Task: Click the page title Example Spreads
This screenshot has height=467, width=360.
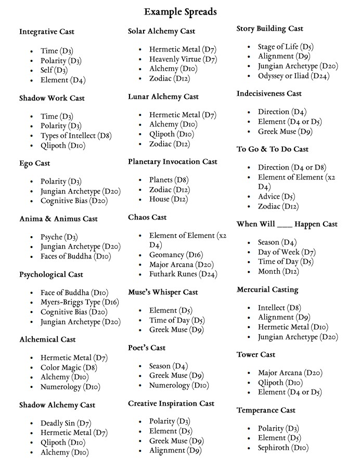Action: point(180,11)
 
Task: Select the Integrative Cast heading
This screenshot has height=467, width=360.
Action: point(47,32)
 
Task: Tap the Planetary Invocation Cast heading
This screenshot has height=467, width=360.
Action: point(173,162)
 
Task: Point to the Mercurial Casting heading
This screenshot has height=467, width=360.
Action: point(267,289)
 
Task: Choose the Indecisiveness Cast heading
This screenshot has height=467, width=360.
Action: point(269,94)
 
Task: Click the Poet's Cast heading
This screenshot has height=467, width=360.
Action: point(147,347)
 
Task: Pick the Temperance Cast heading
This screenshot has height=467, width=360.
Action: point(266,410)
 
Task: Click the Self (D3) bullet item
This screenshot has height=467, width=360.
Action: point(54,70)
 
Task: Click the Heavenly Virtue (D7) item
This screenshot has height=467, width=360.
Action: point(183,59)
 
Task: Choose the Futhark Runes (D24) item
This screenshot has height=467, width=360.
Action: point(183,274)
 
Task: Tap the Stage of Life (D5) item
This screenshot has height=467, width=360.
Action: point(286,47)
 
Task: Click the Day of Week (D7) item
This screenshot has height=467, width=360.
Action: point(287,252)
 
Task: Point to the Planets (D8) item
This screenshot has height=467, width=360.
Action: point(169,180)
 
